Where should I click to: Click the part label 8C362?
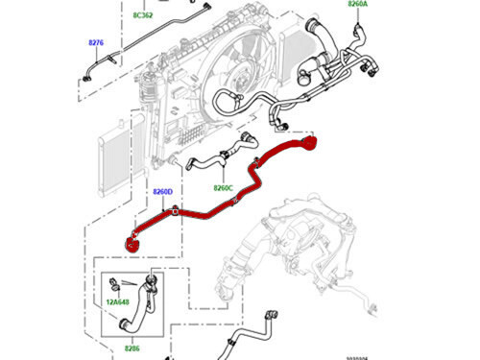coord(142,16)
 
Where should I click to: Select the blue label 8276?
coord(96,43)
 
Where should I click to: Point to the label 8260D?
coord(162,192)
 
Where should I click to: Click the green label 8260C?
coord(224,188)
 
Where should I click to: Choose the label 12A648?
coord(120,302)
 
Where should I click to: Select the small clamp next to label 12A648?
coord(114,283)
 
